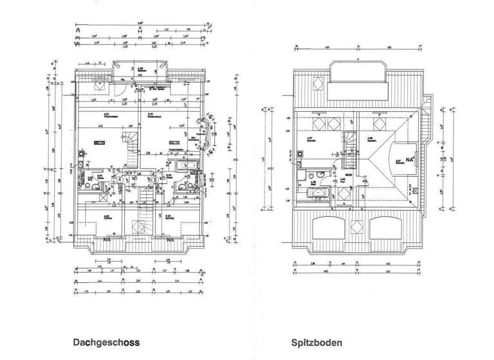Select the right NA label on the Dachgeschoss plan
[x=170, y=240]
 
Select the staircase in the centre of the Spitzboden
[x=349, y=141]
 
